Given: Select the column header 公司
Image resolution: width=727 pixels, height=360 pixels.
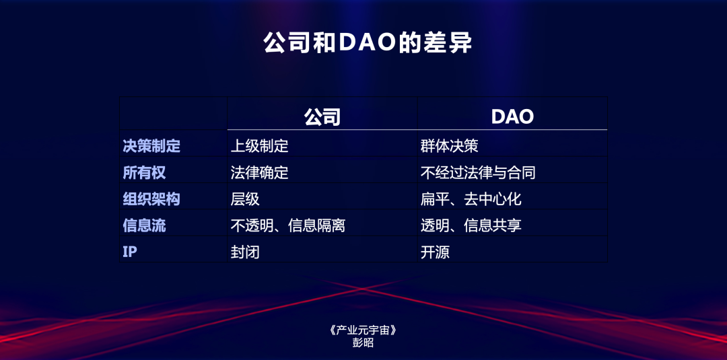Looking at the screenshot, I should point(322,116).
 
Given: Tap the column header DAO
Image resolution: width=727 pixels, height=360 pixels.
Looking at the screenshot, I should point(512,116).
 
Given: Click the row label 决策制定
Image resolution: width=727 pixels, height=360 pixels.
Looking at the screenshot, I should point(151,145).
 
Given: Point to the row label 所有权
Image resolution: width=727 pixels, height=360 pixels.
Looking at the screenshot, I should point(144,172).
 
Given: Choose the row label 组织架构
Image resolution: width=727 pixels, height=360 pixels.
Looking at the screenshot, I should point(151,199).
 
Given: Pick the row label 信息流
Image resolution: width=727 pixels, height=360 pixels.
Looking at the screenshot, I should point(144,225).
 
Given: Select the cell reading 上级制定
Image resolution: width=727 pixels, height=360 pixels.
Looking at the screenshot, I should point(259,145).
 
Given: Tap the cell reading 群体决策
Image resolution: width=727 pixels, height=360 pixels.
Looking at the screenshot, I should point(449,145).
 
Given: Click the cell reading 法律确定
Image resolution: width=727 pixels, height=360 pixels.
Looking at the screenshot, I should point(259,172).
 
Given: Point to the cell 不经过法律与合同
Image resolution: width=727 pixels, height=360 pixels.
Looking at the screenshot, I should point(478,172).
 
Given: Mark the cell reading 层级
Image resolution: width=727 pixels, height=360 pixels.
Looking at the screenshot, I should point(245,199).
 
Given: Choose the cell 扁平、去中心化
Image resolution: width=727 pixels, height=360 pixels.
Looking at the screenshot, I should point(471,199).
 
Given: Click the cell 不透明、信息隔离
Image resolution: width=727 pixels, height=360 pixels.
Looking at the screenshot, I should point(287,225).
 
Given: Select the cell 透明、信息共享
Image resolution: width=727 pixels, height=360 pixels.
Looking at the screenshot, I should point(471,225).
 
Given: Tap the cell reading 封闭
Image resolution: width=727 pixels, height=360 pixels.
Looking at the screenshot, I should point(245,252).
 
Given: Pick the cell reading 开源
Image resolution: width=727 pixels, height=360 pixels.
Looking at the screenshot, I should point(435,252).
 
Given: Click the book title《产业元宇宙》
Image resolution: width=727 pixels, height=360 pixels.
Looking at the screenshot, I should point(363,330).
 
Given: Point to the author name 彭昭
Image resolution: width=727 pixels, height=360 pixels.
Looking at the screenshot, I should point(363,343).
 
